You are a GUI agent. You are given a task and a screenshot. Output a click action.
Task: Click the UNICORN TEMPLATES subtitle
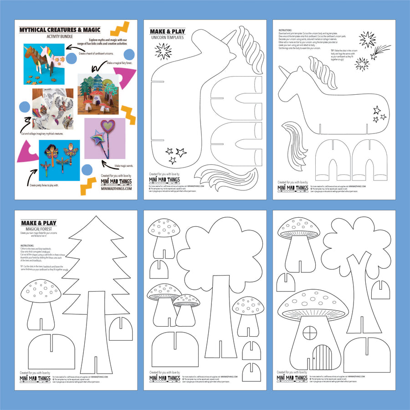pos(167,37)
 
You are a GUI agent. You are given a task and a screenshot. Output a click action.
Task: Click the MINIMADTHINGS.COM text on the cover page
pos(116,188)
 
